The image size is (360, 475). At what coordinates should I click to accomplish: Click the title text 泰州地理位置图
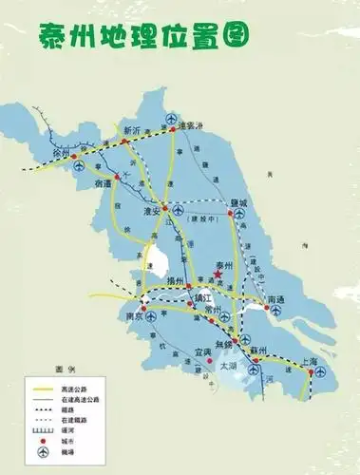(143, 35)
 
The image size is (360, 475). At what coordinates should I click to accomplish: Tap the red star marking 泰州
(217, 275)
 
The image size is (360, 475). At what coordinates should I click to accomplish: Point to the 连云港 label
(193, 124)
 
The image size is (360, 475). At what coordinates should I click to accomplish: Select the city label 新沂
(132, 128)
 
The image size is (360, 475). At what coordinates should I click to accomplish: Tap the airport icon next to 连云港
(172, 118)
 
